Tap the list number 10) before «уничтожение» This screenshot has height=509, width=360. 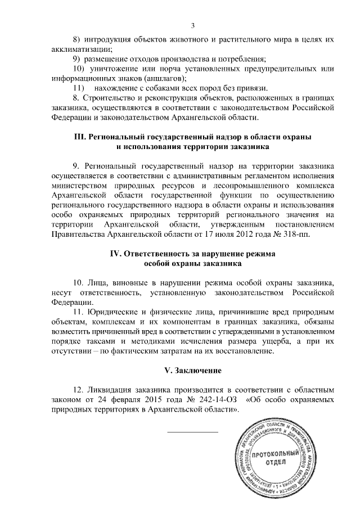(80, 69)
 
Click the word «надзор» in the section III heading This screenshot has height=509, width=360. (216, 137)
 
